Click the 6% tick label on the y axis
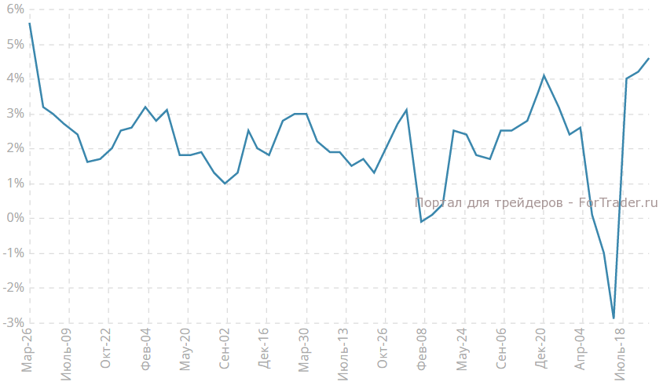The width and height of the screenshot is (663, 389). click(14, 9)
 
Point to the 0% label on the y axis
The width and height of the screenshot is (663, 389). click(14, 218)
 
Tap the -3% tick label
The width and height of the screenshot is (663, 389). click(13, 323)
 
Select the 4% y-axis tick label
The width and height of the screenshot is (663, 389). click(14, 78)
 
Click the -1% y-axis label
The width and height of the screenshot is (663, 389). click(13, 253)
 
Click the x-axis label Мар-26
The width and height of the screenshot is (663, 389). click(27, 350)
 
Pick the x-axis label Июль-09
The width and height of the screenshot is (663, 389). click(67, 354)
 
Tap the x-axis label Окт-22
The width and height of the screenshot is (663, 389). click(106, 350)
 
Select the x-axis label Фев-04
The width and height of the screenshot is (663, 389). click(146, 350)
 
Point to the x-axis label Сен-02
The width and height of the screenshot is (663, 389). click(225, 350)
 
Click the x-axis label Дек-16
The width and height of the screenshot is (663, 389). click(264, 350)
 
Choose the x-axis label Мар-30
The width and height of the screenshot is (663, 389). click(304, 350)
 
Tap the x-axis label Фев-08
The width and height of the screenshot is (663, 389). click(423, 350)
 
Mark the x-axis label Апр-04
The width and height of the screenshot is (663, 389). click(581, 350)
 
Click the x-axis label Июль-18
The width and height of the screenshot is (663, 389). click(620, 354)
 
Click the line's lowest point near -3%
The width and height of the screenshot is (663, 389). click(614, 318)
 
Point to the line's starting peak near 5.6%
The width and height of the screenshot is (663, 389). click(29, 23)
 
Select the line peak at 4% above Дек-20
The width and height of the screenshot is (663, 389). click(544, 75)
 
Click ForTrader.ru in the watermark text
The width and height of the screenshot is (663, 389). click(617, 202)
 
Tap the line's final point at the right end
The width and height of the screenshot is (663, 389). click(649, 58)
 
